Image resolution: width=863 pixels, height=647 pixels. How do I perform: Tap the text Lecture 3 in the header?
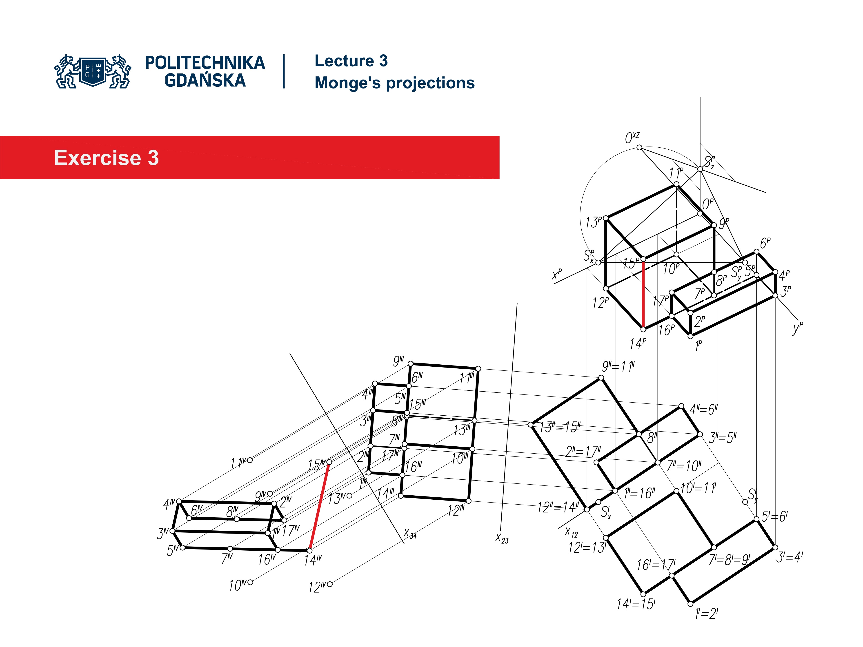pos(351,61)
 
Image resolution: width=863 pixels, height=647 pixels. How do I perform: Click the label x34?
pos(410,534)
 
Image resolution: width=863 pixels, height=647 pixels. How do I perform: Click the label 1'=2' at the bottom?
pos(706,614)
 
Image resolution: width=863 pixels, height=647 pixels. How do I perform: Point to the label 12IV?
pos(317,587)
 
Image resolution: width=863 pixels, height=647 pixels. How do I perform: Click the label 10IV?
pos(238,585)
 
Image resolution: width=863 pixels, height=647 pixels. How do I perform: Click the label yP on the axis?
pos(797,328)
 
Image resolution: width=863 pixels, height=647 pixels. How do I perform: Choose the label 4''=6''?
pos(703,410)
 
